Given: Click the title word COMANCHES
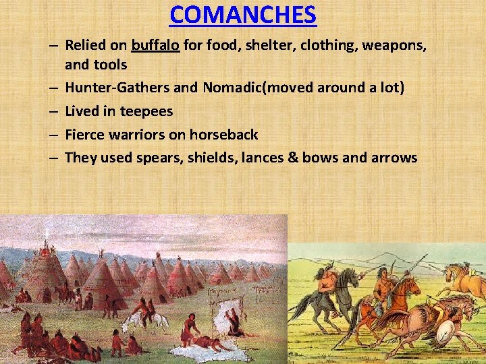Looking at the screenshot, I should click(x=243, y=14).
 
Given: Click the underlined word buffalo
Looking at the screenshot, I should click(x=155, y=47).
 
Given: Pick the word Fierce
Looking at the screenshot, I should click(x=85, y=135).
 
